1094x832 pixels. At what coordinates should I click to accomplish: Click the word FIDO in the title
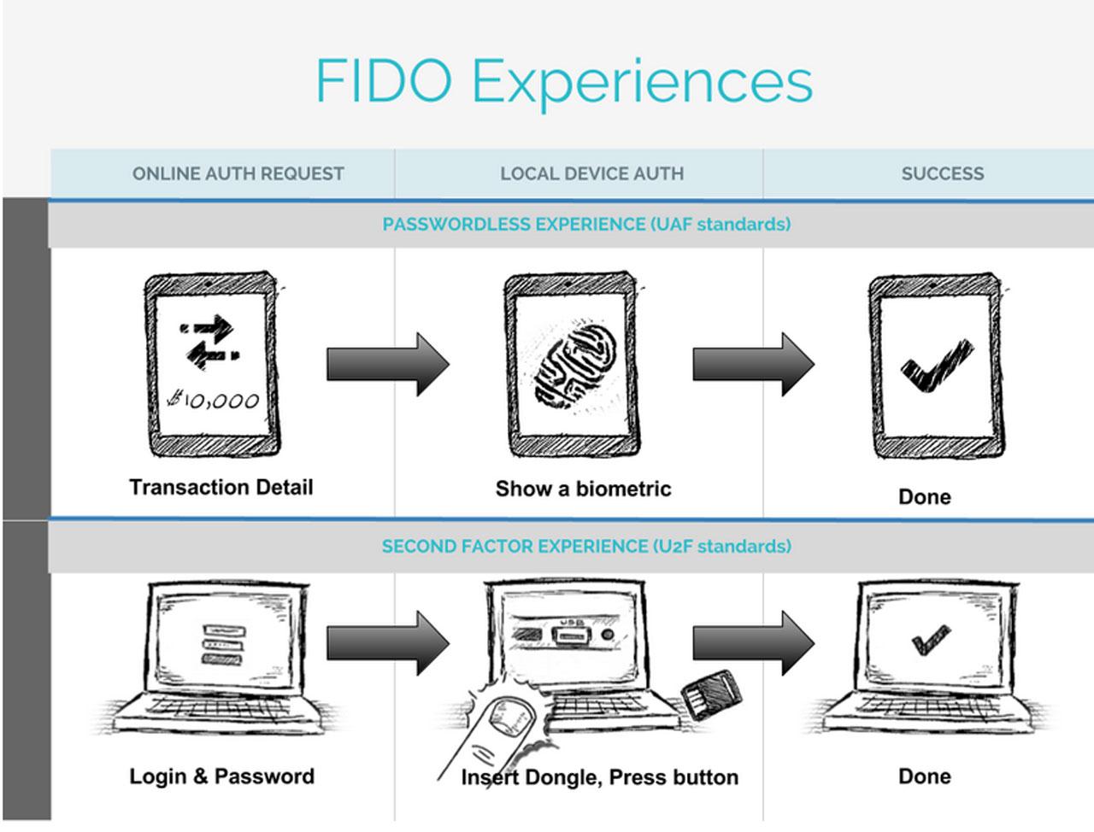pyautogui.click(x=384, y=82)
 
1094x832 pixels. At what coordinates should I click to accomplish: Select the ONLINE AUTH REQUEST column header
pyautogui.click(x=238, y=173)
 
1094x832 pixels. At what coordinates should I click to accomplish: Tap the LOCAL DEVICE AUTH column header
pyautogui.click(x=591, y=173)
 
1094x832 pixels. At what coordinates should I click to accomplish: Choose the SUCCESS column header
pyautogui.click(x=942, y=173)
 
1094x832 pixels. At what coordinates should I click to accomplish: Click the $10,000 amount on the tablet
pyautogui.click(x=214, y=400)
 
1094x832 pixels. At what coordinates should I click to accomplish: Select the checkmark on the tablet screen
pyautogui.click(x=936, y=366)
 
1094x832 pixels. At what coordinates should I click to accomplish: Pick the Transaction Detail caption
pyautogui.click(x=221, y=488)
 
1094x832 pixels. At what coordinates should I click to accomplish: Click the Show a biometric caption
pyautogui.click(x=583, y=489)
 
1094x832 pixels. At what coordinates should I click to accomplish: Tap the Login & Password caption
pyautogui.click(x=221, y=776)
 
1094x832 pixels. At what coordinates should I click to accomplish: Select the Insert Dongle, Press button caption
pyautogui.click(x=599, y=777)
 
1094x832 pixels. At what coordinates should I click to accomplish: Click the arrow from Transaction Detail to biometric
pyautogui.click(x=387, y=365)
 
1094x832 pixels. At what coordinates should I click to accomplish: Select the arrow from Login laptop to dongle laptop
pyautogui.click(x=387, y=642)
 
